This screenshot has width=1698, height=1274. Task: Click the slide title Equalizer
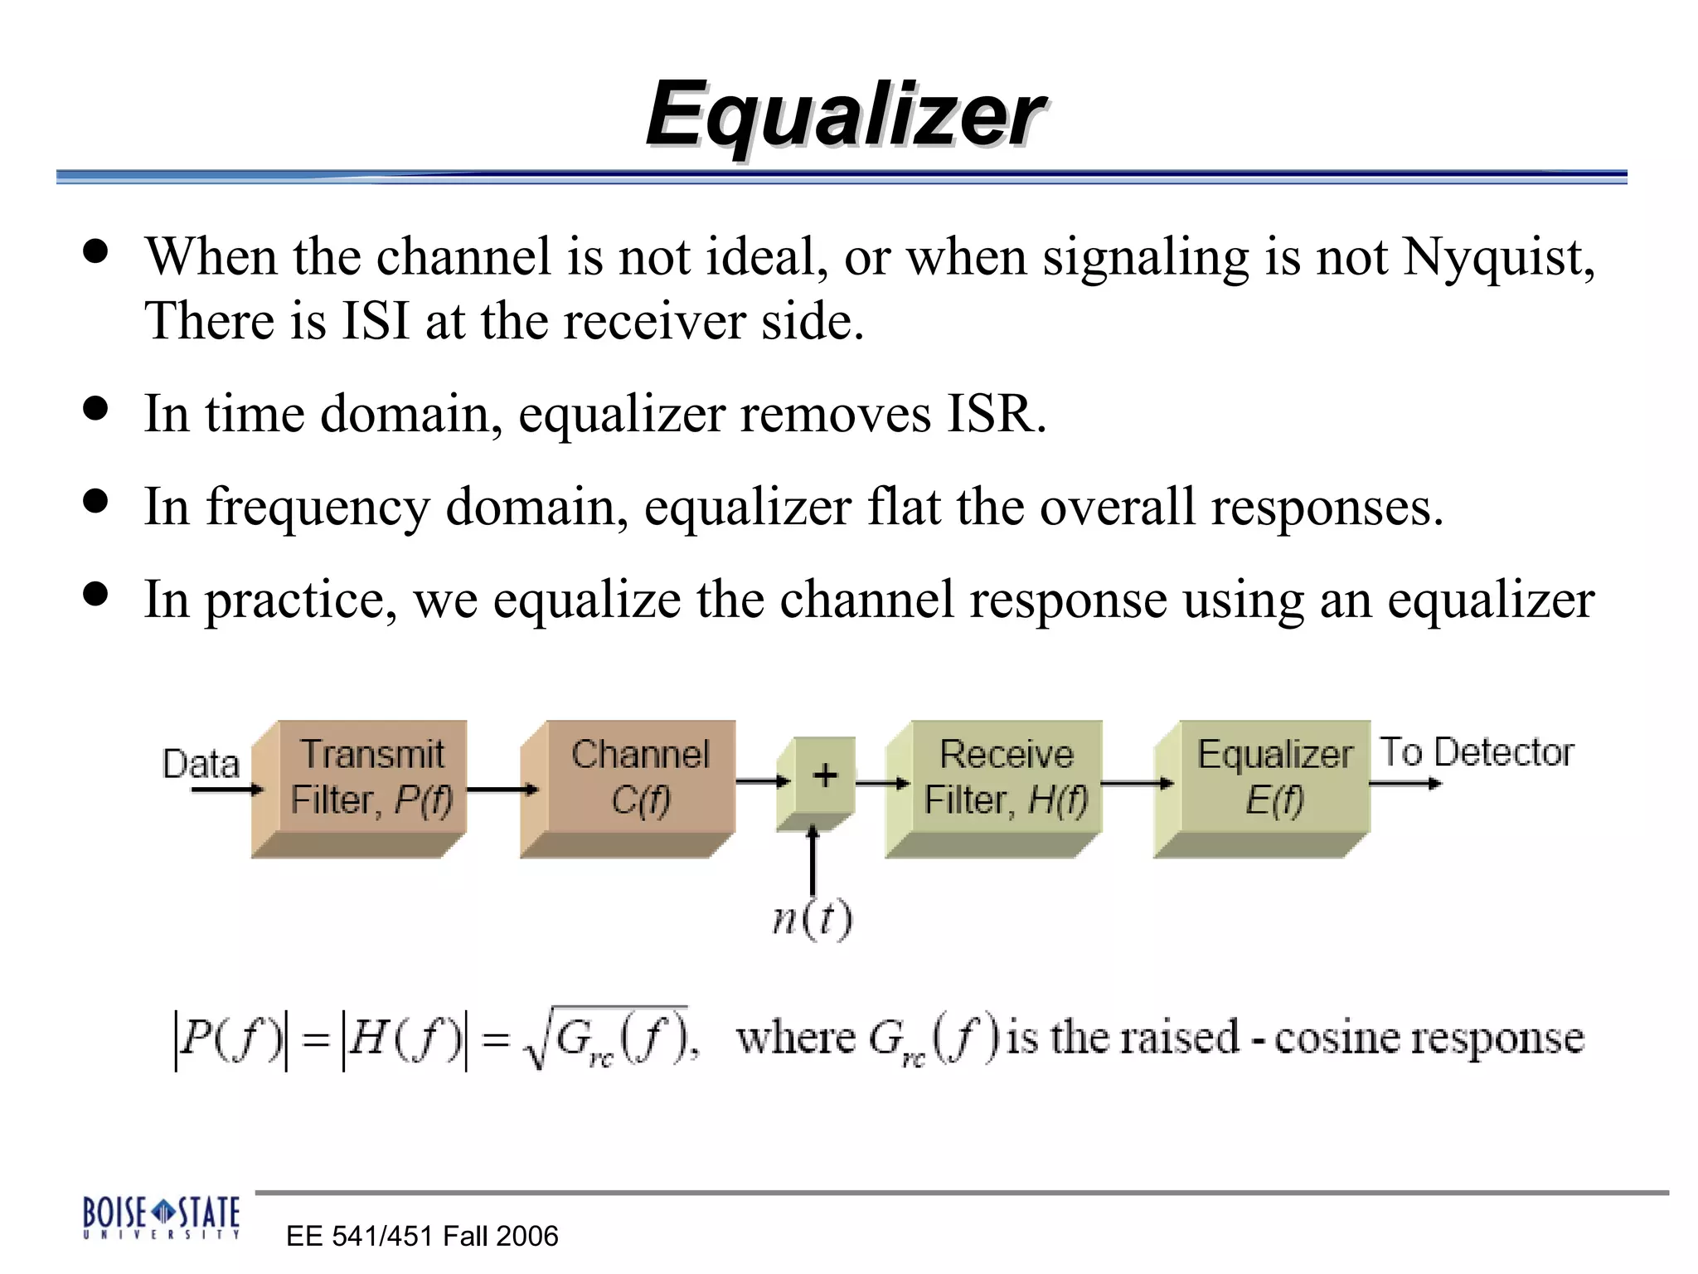coord(845,114)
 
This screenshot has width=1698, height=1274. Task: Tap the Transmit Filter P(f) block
coord(371,777)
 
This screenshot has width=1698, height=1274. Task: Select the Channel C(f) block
coord(640,777)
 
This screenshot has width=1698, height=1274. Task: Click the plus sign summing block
coord(824,776)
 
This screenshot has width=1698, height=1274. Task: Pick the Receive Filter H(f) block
coord(1006,777)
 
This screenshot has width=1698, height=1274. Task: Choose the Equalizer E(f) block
coord(1274,777)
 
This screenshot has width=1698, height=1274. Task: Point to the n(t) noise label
coord(812,919)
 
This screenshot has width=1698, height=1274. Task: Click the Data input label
coord(201,763)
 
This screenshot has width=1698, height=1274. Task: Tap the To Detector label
coord(1477,752)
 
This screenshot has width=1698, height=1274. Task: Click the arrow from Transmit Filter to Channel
coord(502,790)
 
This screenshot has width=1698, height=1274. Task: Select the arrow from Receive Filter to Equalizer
coord(1137,783)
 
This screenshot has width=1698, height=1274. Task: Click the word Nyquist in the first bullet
coord(1497,256)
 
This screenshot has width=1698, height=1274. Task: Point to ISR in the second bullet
coord(992,413)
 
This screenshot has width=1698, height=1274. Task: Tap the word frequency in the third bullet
coord(318,507)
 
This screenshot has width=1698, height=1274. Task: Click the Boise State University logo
coord(161,1217)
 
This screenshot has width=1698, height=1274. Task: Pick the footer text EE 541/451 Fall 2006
coord(422,1236)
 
